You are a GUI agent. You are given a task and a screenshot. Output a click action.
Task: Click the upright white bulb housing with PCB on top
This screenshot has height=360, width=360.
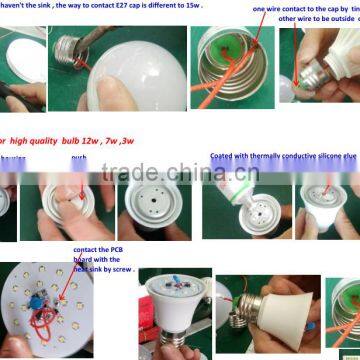(x=174, y=310)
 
